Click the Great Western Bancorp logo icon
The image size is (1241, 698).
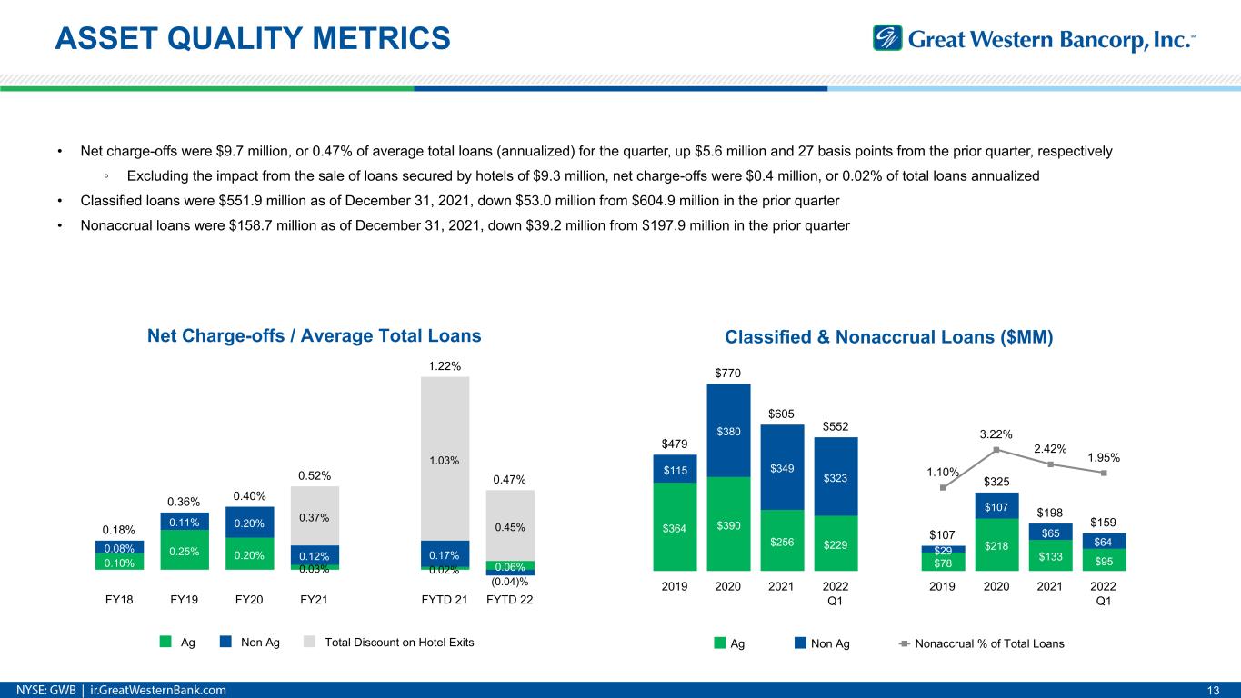886,38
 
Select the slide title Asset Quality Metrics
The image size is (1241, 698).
252,38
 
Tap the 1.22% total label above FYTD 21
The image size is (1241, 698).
445,365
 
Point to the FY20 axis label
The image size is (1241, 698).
249,601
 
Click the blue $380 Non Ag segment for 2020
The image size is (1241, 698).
728,431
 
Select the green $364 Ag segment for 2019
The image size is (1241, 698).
675,527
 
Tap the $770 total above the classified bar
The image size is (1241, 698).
728,372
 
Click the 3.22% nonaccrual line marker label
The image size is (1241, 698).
996,434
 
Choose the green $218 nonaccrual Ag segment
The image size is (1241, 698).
996,544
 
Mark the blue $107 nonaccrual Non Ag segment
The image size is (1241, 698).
996,505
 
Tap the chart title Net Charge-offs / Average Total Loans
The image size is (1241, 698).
314,335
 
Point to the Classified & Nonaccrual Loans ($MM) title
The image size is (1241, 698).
888,337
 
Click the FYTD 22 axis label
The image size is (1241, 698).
510,601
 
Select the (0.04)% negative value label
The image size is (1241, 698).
510,582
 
